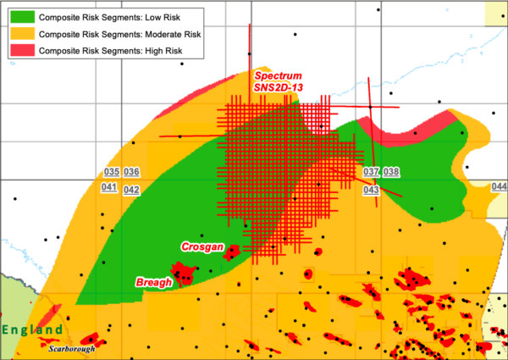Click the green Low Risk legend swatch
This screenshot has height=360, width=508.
[21, 15]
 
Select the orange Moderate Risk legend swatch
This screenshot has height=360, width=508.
[21, 33]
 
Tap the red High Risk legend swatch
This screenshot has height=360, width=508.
[21, 51]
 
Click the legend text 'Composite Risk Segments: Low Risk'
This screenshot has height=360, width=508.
[114, 15]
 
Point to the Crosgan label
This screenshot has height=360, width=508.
[203, 246]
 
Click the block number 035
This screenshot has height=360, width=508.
[108, 172]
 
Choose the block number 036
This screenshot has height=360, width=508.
[131, 172]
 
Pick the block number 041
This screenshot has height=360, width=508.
[108, 187]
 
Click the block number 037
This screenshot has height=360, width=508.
[370, 172]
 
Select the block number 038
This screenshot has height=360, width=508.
[391, 172]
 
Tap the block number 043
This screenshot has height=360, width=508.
[370, 190]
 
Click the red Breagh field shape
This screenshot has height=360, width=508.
[181, 272]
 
